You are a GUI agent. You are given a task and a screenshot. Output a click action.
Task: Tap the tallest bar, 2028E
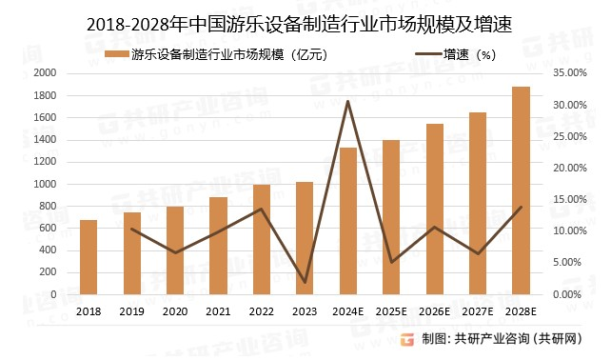pos(521,190)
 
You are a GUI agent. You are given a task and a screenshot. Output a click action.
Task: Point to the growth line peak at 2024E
pos(348,101)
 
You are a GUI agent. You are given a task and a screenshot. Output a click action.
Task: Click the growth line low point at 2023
pos(305,282)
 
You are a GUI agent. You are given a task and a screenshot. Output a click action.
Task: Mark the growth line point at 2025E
pos(391,262)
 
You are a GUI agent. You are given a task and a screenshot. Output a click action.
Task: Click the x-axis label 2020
pos(175,311)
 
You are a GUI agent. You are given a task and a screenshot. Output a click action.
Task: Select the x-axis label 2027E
pos(478,311)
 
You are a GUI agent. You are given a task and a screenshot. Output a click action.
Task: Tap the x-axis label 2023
pos(305,311)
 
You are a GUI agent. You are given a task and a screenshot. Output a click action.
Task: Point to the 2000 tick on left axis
pos(45,73)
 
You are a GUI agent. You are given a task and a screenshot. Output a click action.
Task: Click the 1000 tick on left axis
pos(45,184)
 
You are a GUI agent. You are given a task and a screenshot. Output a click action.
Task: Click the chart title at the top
pos(305,20)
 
